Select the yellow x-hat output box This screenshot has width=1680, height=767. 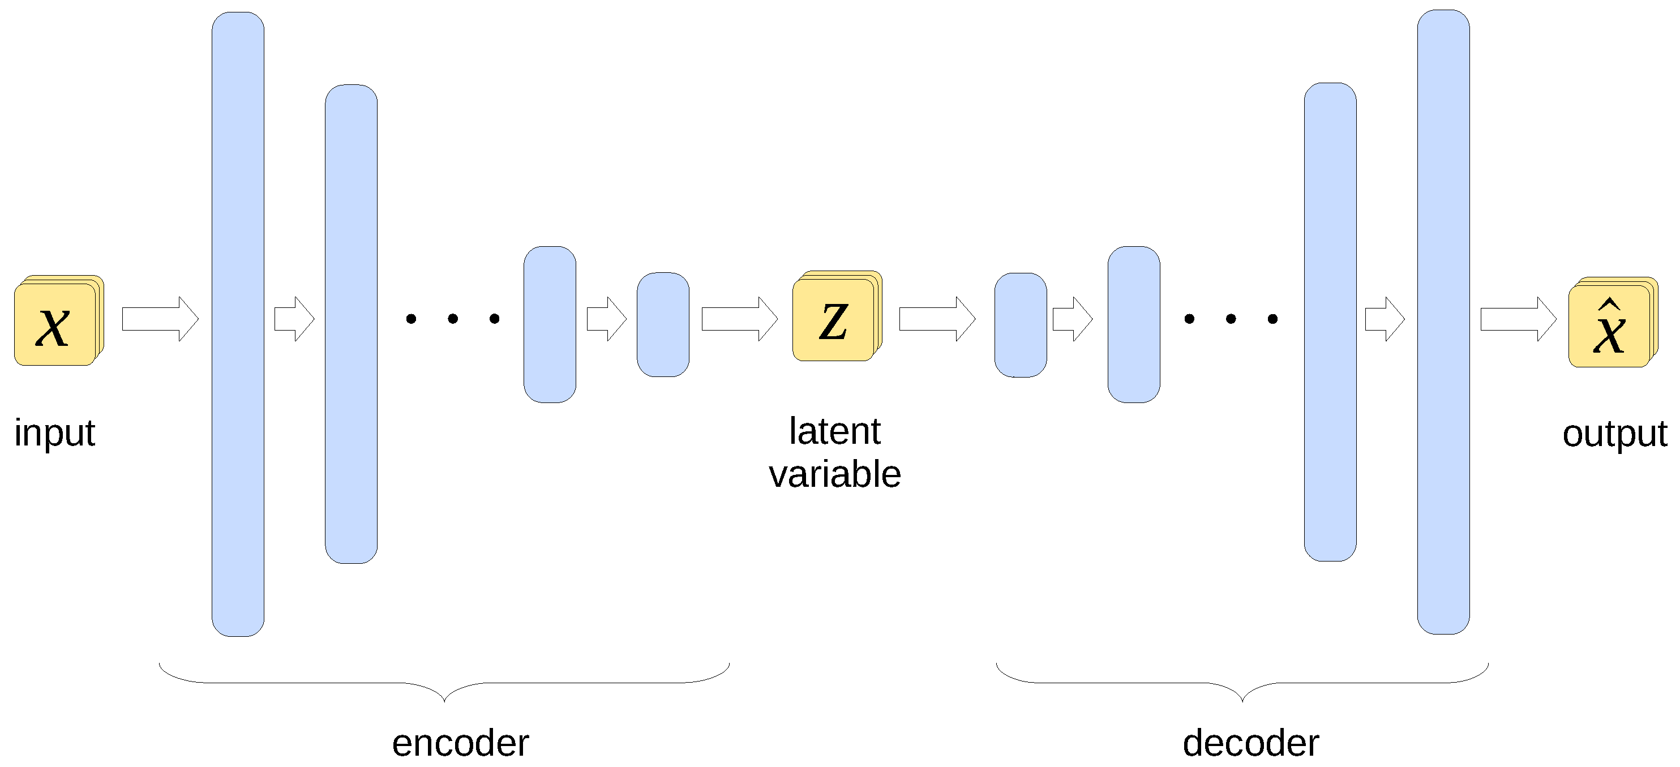coord(1609,325)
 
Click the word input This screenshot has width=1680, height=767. coord(55,433)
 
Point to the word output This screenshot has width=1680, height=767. coord(1614,434)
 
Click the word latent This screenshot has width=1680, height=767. coord(835,432)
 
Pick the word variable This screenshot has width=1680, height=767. coord(835,474)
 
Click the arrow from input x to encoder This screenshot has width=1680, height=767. coord(160,319)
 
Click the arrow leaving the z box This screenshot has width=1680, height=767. coord(937,319)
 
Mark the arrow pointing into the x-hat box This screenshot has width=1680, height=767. coord(1518,319)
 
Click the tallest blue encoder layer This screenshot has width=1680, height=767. coord(238,324)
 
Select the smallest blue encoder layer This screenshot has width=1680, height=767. coord(663,325)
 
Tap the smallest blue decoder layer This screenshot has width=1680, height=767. coord(1021,325)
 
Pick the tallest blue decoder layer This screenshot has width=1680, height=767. coord(1443,322)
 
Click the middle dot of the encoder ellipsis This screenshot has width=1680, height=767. coord(453,319)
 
